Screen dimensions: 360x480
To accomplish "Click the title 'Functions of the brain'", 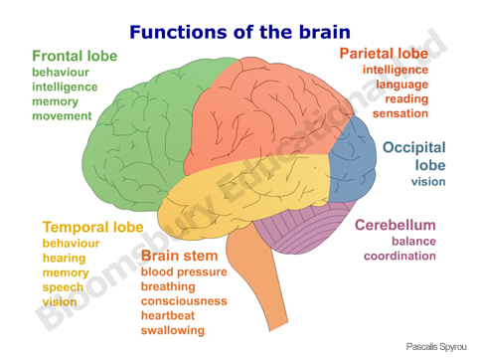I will pos(240,31).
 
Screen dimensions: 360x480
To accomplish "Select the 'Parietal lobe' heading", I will pos(384,52).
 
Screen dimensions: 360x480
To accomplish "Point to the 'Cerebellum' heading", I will pos(396,225).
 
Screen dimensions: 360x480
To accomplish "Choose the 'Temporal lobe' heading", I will pos(92,227).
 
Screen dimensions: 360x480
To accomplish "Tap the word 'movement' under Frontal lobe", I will pos(62,116).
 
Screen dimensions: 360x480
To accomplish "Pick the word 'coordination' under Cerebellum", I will pos(400,256).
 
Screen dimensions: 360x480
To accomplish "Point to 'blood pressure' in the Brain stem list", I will pos(184,271).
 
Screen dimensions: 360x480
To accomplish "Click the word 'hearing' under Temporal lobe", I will pos(65,258).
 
